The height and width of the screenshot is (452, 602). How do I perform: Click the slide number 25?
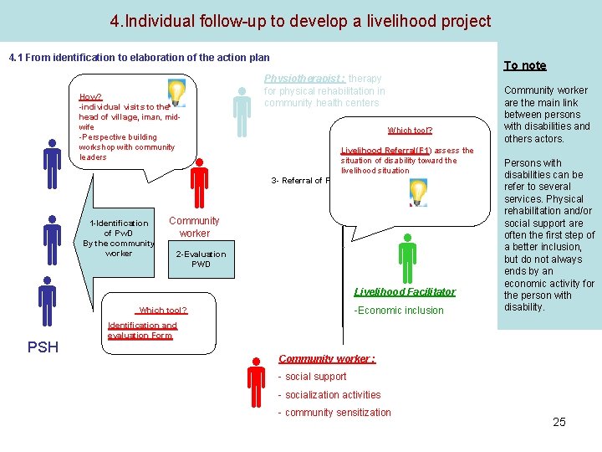click(x=559, y=422)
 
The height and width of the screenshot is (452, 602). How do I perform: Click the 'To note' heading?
click(x=524, y=65)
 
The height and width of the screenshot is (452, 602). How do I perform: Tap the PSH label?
click(x=43, y=347)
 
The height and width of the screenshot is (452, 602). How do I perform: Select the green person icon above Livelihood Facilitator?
click(x=407, y=259)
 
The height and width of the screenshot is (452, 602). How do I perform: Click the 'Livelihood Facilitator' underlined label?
click(x=405, y=292)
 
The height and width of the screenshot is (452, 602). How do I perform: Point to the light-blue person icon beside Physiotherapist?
click(x=242, y=112)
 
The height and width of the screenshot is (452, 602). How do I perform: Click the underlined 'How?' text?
click(x=90, y=97)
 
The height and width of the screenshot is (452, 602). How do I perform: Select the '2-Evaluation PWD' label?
click(x=201, y=259)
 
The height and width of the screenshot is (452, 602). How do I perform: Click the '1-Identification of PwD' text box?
click(x=119, y=237)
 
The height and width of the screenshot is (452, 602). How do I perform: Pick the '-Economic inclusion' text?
click(x=400, y=311)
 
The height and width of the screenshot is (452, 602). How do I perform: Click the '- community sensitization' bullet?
click(x=334, y=413)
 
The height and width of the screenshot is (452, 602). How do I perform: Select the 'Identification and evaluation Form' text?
click(x=141, y=330)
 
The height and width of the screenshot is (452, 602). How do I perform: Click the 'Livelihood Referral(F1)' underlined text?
click(x=385, y=151)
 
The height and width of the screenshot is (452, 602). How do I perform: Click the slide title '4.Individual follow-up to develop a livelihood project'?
click(x=300, y=21)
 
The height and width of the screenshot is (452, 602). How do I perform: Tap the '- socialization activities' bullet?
click(x=329, y=395)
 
